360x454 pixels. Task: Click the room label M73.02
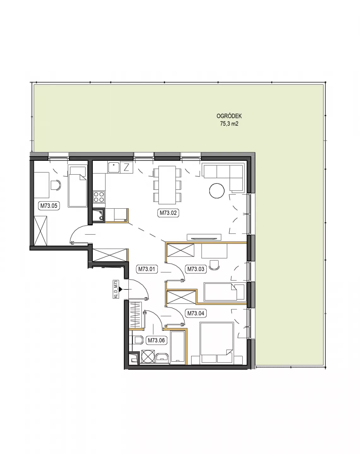pyautogui.click(x=168, y=212)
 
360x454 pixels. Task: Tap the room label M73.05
pyautogui.click(x=49, y=206)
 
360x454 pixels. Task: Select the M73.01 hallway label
pyautogui.click(x=147, y=269)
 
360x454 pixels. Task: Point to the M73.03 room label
pyautogui.click(x=196, y=269)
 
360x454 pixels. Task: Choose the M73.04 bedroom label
pyautogui.click(x=196, y=313)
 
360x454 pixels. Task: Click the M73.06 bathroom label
pyautogui.click(x=156, y=340)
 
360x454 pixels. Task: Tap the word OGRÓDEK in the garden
pyautogui.click(x=229, y=116)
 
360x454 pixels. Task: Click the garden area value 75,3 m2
pyautogui.click(x=229, y=124)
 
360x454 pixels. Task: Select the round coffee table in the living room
pyautogui.click(x=217, y=191)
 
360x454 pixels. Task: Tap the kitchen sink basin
pyautogui.click(x=114, y=167)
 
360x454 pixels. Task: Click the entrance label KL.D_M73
pyautogui.click(x=116, y=289)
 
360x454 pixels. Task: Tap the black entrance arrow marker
pyautogui.click(x=121, y=289)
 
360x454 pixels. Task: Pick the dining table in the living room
pyautogui.click(x=167, y=185)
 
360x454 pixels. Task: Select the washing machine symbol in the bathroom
pyautogui.click(x=148, y=357)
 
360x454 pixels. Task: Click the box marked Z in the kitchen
pyautogui.click(x=126, y=167)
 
